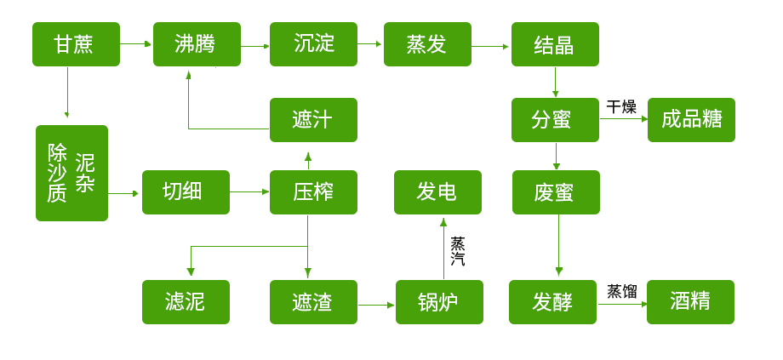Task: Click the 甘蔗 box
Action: (75, 44)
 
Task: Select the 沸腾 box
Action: (196, 44)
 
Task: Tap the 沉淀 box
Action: (313, 44)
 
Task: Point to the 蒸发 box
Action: (427, 44)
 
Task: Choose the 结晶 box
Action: (555, 44)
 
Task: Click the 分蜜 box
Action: (555, 119)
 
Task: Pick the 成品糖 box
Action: (690, 119)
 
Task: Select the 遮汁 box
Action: (313, 119)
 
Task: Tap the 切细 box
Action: (186, 191)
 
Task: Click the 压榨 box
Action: (313, 191)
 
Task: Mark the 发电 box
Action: (437, 191)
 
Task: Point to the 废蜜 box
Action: (556, 191)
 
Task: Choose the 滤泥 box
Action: (186, 301)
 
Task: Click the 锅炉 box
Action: (439, 301)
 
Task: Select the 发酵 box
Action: (552, 301)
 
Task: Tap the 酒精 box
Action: (690, 301)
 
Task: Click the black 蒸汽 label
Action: (458, 251)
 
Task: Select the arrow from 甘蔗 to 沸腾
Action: (136, 43)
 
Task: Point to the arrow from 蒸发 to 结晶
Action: (490, 46)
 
